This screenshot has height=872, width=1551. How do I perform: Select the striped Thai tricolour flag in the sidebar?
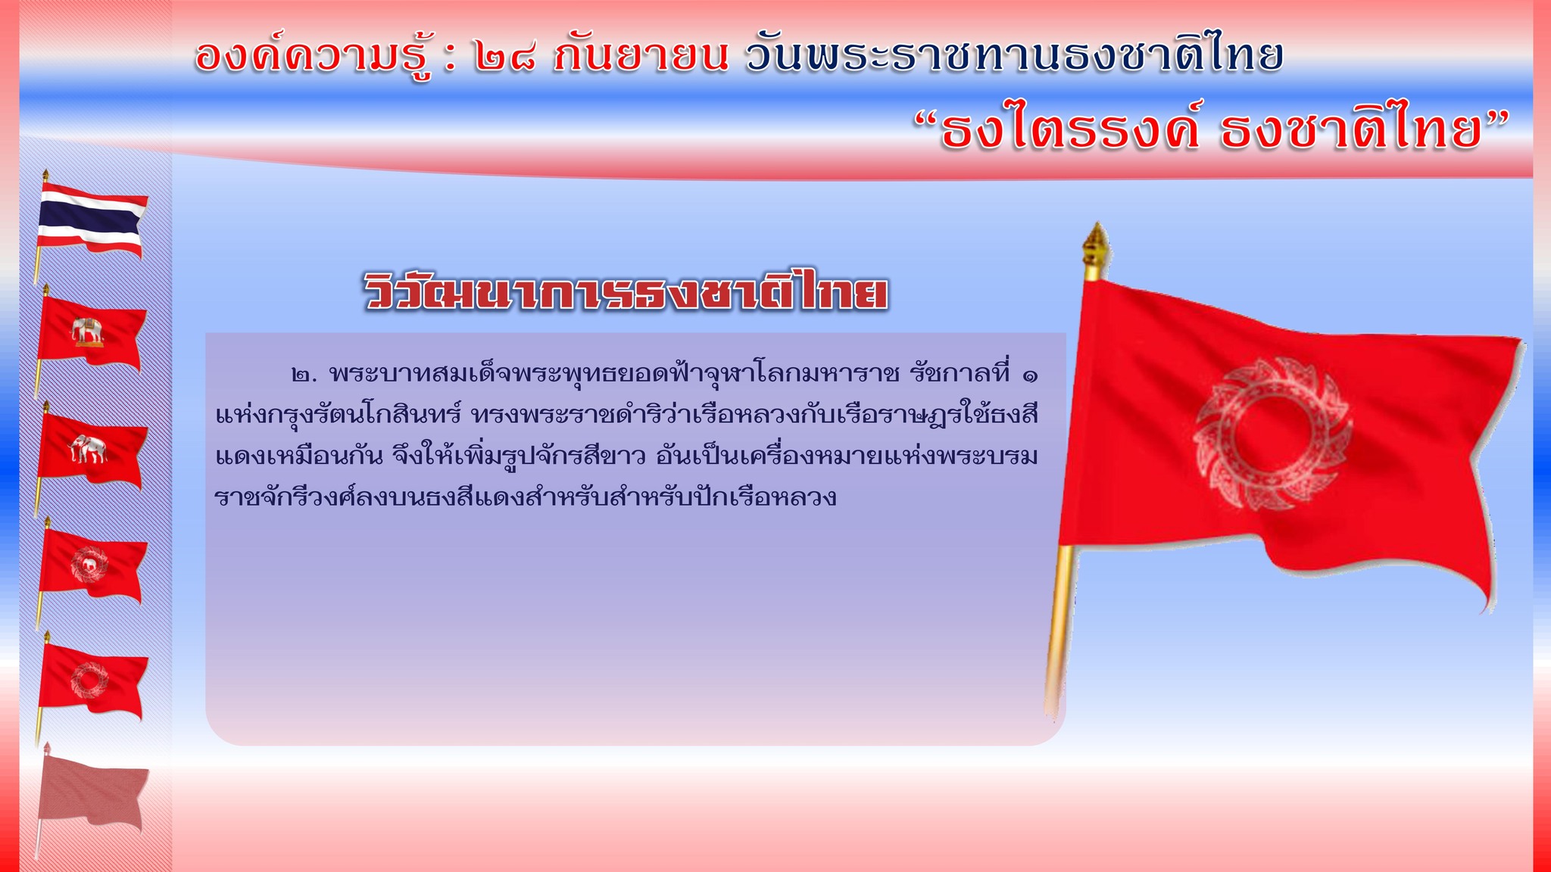point(92,225)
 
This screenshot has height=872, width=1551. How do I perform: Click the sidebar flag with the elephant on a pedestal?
point(91,333)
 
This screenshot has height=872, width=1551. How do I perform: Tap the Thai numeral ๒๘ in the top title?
point(505,58)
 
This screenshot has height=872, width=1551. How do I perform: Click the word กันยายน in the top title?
point(641,55)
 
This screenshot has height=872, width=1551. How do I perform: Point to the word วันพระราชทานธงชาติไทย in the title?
point(1014,54)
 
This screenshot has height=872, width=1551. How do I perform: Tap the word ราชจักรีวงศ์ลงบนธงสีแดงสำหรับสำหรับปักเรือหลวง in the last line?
point(526,497)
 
